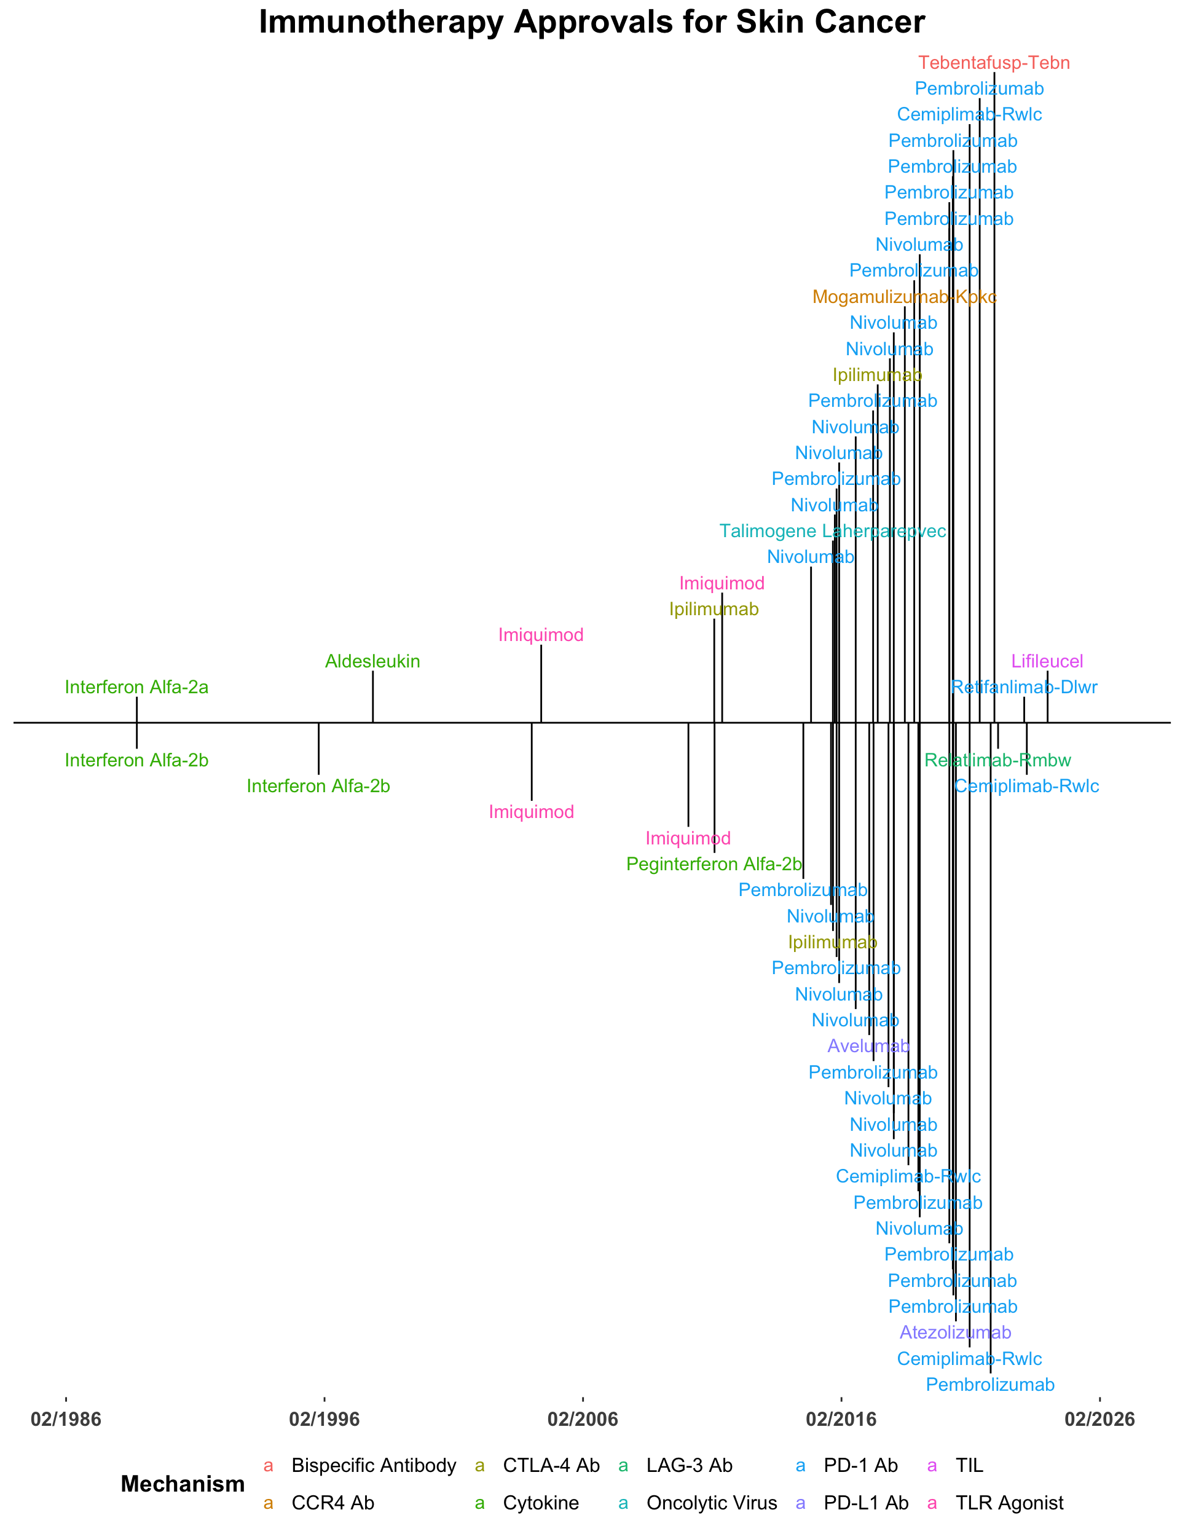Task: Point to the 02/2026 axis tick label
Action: tap(1099, 1420)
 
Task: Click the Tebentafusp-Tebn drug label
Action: tap(994, 63)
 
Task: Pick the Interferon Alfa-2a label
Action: tap(136, 688)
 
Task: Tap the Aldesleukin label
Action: tap(372, 662)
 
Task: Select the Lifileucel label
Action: tap(1047, 662)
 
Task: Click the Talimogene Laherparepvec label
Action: tap(833, 532)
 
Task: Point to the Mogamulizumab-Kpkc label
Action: tap(904, 297)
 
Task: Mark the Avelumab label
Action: tap(869, 1047)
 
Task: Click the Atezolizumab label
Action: tap(954, 1332)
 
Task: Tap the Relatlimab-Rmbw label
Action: tap(997, 760)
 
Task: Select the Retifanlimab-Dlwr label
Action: tap(1023, 688)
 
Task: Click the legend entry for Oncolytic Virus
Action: tap(712, 1504)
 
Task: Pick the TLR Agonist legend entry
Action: tap(1009, 1504)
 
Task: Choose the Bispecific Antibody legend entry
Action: tap(373, 1466)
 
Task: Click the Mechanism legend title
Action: tap(183, 1485)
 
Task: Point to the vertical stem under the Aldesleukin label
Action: tap(372, 697)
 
